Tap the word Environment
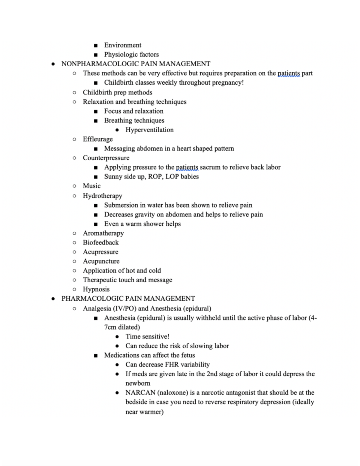click(123, 45)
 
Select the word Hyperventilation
click(149, 130)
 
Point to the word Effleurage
click(98, 139)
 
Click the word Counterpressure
click(106, 158)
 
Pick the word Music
click(91, 186)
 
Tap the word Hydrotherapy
click(103, 196)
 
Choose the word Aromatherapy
click(103, 233)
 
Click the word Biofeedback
click(101, 242)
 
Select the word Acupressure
click(100, 252)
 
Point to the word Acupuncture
click(101, 261)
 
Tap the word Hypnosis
click(96, 289)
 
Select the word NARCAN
click(140, 393)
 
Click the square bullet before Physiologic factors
click(96, 55)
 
